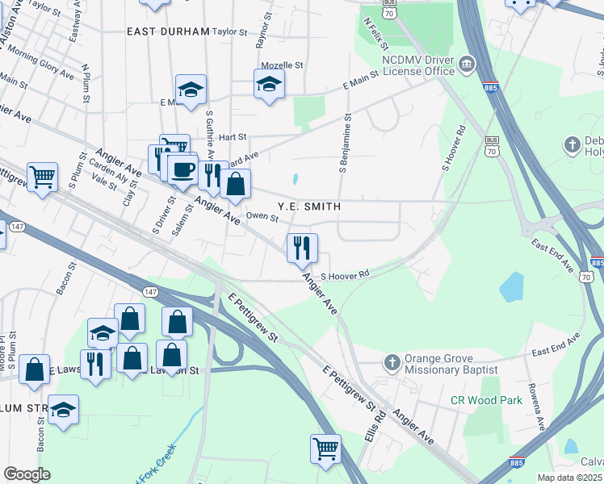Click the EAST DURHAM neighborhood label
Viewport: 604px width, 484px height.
pos(168,31)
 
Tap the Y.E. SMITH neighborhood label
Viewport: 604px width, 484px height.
pos(309,207)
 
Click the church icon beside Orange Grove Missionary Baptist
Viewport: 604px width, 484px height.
pos(392,361)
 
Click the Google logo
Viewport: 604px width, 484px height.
pos(27,474)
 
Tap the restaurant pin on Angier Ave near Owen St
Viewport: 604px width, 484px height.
pos(302,248)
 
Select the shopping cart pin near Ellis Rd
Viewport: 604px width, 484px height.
pos(325,448)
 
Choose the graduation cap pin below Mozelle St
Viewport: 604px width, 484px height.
pos(269,83)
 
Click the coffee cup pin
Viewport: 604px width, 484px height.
pos(183,169)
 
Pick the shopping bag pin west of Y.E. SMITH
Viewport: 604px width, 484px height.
pos(235,184)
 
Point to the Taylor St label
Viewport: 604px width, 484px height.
pos(229,31)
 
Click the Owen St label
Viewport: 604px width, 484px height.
pos(262,215)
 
